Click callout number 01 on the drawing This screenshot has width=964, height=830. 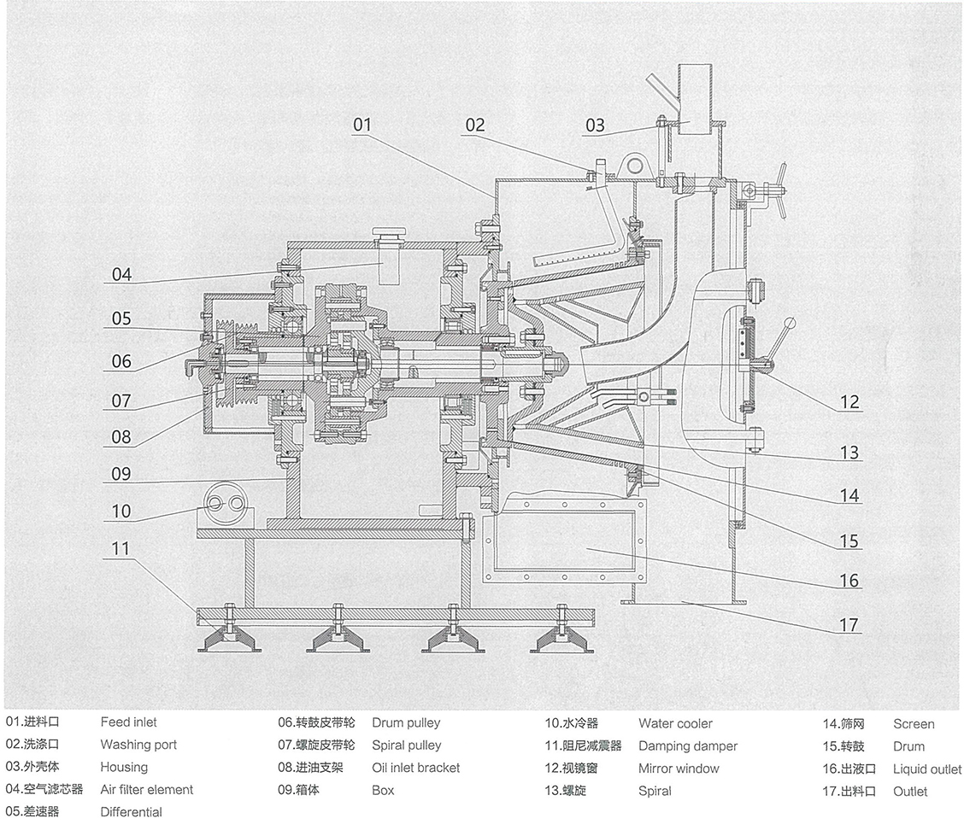362,125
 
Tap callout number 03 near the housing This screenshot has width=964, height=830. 595,126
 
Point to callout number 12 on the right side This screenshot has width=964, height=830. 849,401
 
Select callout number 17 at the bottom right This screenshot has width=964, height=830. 849,625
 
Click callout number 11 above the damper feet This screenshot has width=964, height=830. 121,547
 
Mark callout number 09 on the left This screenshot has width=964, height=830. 121,472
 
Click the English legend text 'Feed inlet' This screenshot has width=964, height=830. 128,722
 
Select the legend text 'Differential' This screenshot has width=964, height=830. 131,812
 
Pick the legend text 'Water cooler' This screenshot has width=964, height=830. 675,724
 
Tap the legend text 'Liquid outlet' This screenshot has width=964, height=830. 927,769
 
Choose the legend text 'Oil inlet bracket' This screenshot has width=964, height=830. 415,768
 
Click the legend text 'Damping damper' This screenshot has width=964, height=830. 687,746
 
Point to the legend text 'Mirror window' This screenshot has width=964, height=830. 679,769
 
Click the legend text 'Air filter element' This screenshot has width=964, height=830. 146,790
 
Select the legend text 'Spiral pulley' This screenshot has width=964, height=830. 406,745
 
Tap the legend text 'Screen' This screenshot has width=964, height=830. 914,724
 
